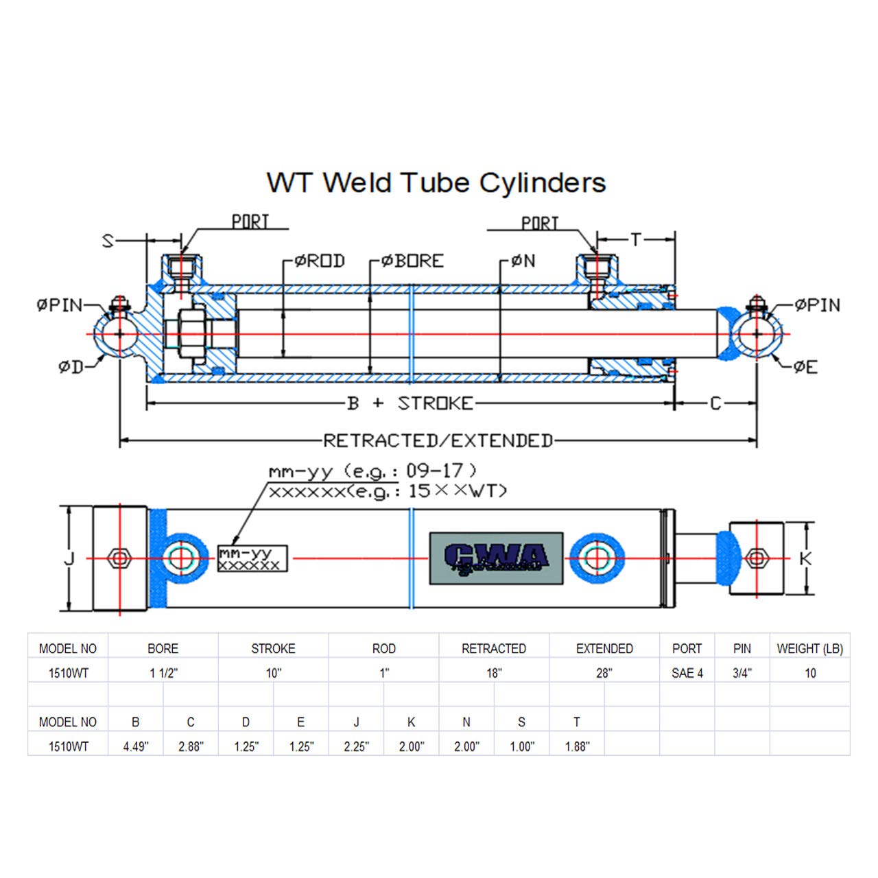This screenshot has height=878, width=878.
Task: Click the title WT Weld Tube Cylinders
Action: (x=436, y=183)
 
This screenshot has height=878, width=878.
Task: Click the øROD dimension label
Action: (x=320, y=261)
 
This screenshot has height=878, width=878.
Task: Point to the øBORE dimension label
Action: (x=412, y=261)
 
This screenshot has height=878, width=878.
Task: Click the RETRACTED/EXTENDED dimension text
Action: (x=438, y=440)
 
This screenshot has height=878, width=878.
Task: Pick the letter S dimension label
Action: (x=108, y=241)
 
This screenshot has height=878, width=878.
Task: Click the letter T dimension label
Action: (x=636, y=239)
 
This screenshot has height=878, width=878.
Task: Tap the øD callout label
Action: (x=71, y=368)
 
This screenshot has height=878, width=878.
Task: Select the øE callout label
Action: (x=805, y=368)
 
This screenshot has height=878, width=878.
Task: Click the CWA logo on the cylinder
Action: (x=496, y=558)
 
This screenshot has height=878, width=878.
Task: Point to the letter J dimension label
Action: (x=69, y=559)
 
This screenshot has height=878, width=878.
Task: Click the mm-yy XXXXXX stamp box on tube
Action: (x=252, y=558)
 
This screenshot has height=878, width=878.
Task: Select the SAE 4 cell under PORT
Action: (x=687, y=673)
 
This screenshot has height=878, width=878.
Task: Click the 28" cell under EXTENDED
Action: (x=604, y=673)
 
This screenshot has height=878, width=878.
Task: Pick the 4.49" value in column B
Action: (x=135, y=746)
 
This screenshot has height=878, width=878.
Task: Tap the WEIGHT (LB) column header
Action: (x=809, y=649)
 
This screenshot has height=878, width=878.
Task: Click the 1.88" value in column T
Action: (x=577, y=746)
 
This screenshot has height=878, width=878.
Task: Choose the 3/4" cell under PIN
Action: (x=741, y=673)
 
